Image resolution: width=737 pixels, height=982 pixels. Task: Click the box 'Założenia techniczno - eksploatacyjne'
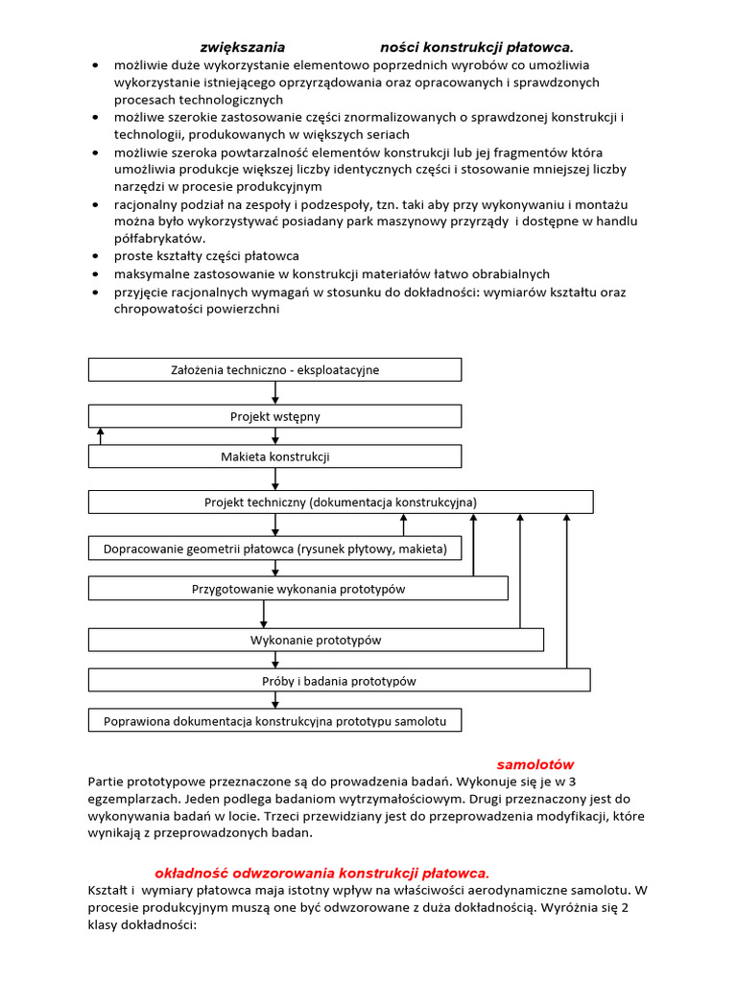(x=274, y=369)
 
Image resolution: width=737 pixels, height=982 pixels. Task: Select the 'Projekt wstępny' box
(x=274, y=416)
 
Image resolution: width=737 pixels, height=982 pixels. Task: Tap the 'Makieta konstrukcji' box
(x=274, y=456)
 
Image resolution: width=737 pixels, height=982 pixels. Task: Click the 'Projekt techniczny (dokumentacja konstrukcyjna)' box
(x=341, y=502)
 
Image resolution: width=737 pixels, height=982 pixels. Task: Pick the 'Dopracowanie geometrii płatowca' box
(x=274, y=549)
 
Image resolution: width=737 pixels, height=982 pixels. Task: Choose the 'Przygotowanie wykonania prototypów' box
(x=297, y=589)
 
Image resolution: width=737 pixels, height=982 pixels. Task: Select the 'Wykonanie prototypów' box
(x=316, y=640)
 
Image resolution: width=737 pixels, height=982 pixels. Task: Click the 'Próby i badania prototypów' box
(x=339, y=680)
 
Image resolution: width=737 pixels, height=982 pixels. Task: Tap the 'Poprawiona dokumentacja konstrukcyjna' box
(x=274, y=719)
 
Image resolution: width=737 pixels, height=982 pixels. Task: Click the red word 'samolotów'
(x=535, y=764)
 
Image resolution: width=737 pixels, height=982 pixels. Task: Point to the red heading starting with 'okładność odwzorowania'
(x=321, y=873)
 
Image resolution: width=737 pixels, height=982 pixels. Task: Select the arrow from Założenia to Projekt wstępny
(x=275, y=392)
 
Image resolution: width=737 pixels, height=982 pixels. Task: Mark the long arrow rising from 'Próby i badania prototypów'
(x=566, y=591)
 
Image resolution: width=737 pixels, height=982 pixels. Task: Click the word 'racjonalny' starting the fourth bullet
(x=145, y=204)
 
